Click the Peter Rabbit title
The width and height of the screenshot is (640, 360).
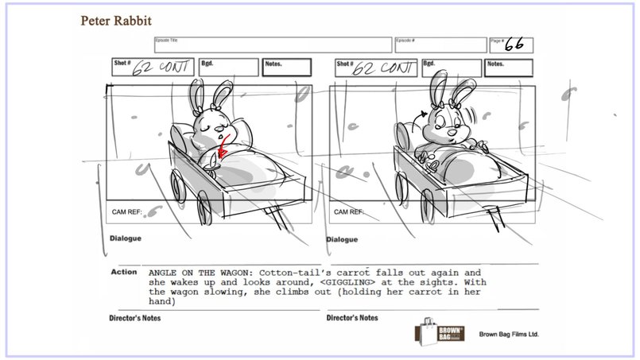pos(116,19)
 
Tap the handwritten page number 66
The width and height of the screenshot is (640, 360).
pos(517,45)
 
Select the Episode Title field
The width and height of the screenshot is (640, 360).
pos(271,45)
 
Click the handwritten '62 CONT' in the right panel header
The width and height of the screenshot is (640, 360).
pos(382,67)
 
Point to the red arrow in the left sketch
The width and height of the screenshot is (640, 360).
pos(223,146)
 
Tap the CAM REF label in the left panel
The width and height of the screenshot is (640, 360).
pos(126,212)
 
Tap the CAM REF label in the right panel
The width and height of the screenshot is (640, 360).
pos(349,212)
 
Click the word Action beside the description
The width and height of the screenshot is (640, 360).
pos(123,272)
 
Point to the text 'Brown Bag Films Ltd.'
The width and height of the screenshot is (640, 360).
pos(509,335)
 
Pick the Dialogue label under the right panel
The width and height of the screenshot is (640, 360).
pos(342,239)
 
